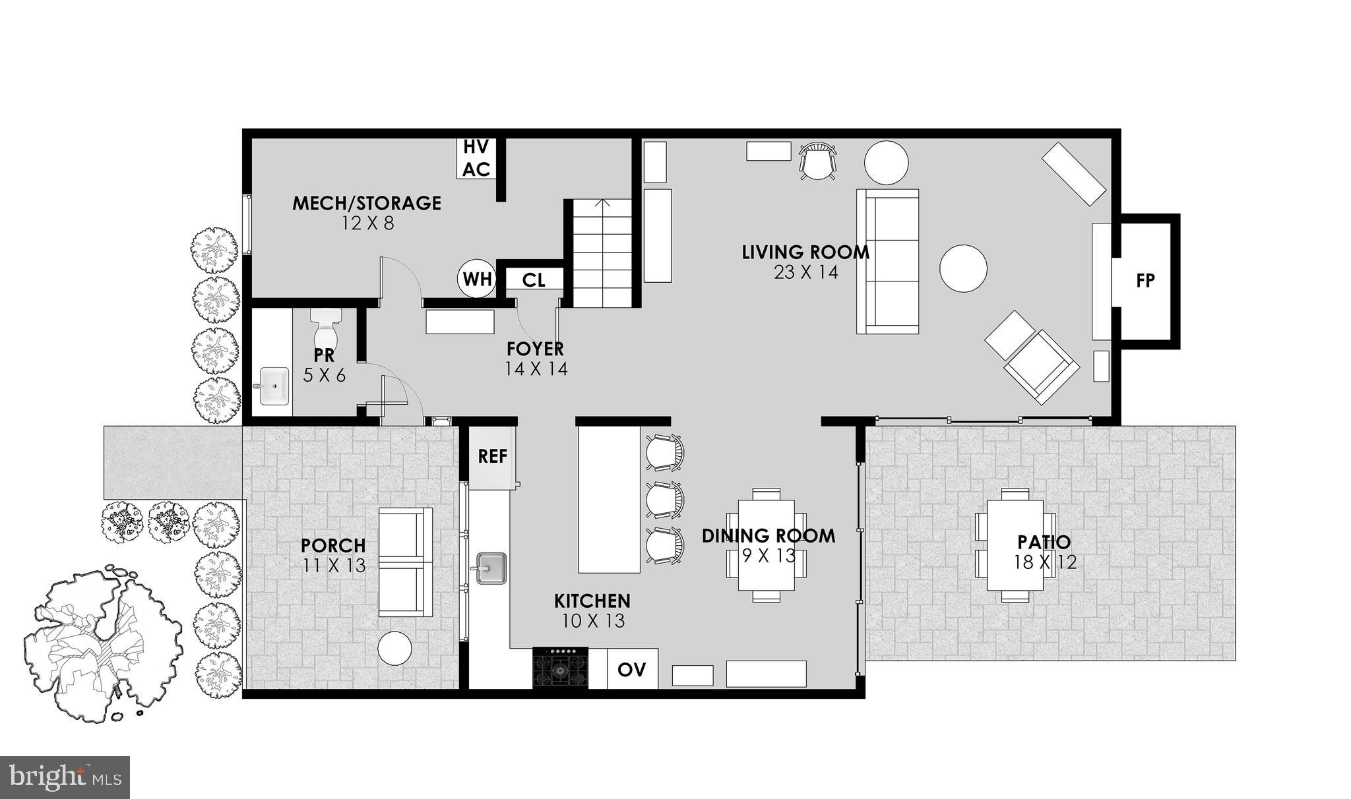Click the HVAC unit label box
(476, 158)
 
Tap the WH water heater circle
(476, 279)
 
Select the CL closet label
(534, 280)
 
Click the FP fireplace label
(1146, 280)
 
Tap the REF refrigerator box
(493, 456)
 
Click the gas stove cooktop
(560, 668)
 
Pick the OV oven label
(631, 669)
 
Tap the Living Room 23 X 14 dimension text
(805, 272)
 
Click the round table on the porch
(394, 649)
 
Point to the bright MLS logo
(65, 777)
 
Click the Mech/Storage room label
(367, 203)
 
